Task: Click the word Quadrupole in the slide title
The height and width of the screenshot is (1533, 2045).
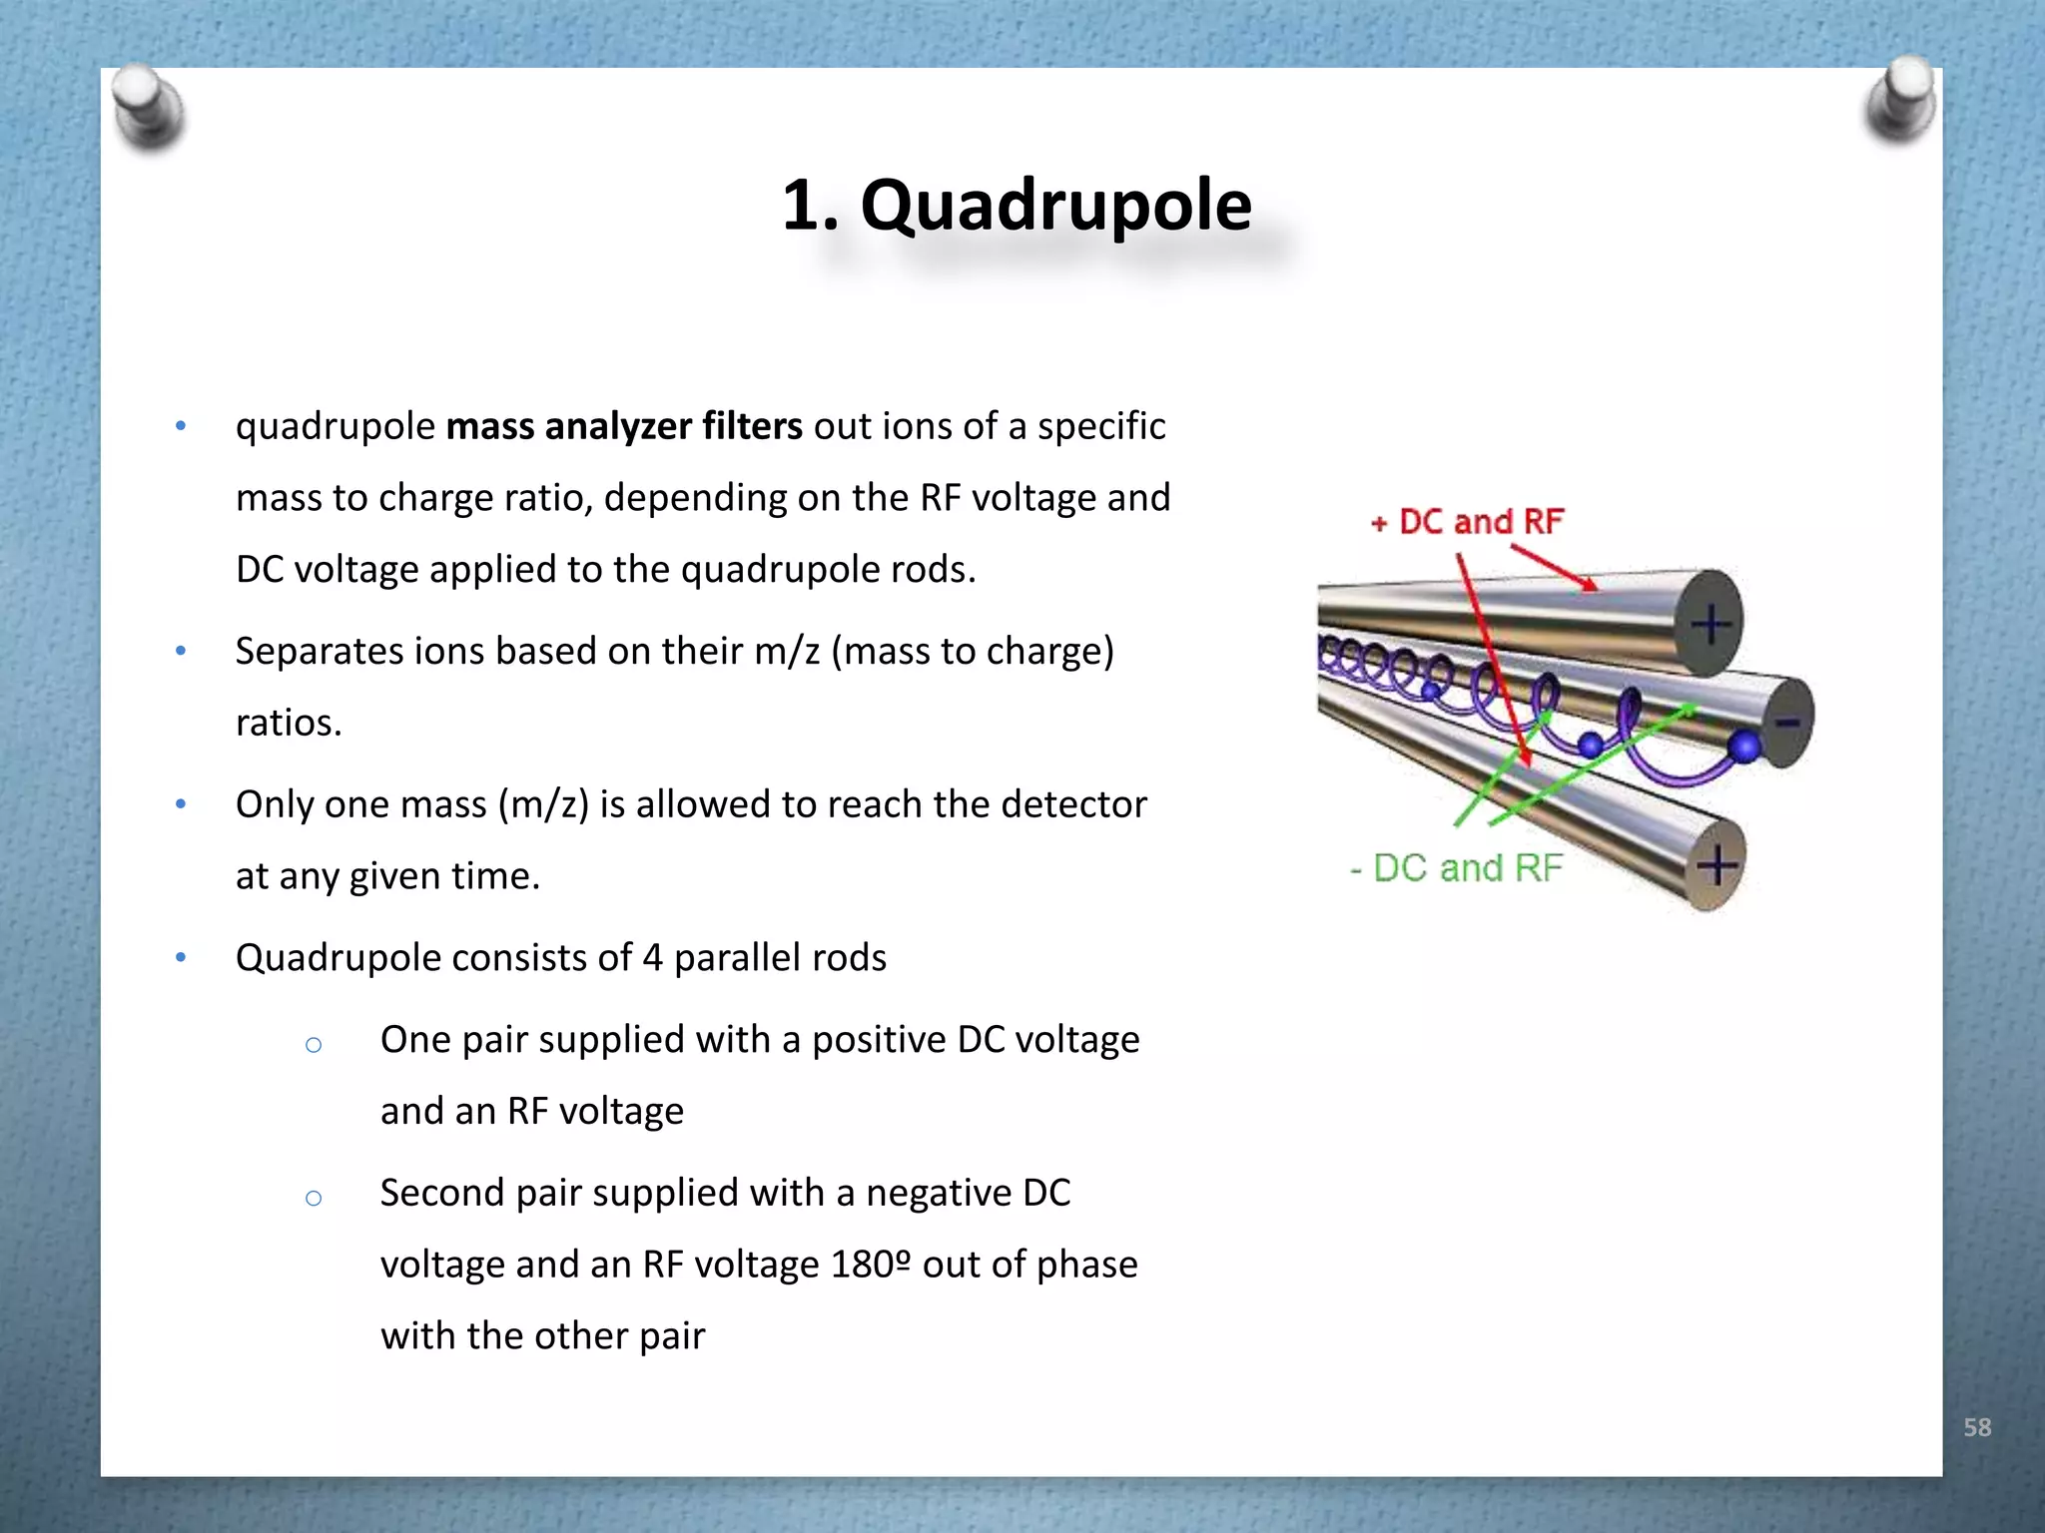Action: coord(1055,207)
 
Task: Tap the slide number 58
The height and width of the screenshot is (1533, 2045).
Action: coord(1976,1427)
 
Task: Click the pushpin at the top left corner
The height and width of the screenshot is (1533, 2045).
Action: coord(147,108)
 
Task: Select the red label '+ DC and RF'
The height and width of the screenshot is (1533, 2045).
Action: coord(1467,522)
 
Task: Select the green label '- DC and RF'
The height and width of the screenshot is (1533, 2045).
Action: coord(1457,868)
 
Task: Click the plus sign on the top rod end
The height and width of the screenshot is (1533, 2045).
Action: coord(1711,624)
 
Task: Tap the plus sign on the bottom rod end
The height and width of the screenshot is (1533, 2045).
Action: coord(1716,864)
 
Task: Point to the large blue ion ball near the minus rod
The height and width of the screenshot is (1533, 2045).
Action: coord(1744,746)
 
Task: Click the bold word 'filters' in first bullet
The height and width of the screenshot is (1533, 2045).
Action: coord(752,426)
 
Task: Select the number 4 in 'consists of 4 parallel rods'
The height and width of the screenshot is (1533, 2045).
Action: coord(652,958)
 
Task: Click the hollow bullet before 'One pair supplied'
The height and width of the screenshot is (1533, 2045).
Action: coord(314,1045)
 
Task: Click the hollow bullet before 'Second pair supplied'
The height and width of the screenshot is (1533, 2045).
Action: coord(314,1198)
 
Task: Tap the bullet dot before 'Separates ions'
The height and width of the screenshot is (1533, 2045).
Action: coord(181,652)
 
